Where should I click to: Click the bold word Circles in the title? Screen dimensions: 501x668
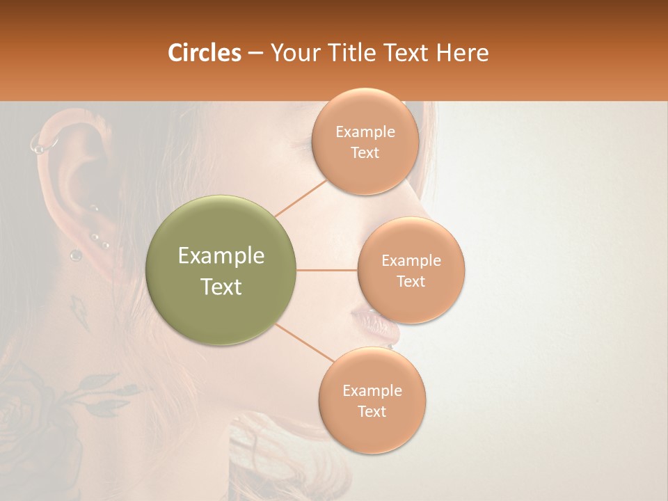coord(204,53)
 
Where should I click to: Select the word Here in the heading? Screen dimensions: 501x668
coord(463,53)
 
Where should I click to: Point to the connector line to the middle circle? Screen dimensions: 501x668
coord(327,270)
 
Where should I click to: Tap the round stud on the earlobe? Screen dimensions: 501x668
coord(75,255)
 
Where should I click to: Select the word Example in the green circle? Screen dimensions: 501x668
coord(221,256)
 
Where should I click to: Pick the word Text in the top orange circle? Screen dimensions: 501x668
coord(365,153)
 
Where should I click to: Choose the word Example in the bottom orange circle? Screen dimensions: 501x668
coord(372,390)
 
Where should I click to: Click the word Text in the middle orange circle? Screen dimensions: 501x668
coord(411,281)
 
